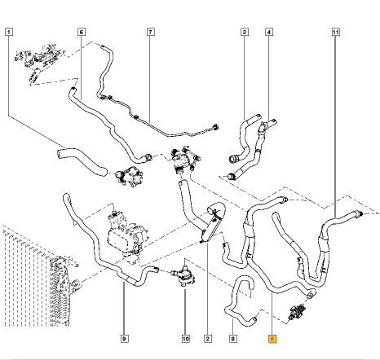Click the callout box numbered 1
(9, 33)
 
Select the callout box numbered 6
(82, 33)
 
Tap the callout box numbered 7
(151, 33)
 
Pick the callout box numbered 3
(245, 33)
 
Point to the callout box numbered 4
(269, 33)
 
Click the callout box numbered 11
(336, 33)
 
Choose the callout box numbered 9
(124, 339)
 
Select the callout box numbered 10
(186, 339)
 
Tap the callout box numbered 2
(208, 339)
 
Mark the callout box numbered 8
(233, 339)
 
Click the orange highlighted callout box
(272, 339)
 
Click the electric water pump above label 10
(183, 274)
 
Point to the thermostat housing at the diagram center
(183, 160)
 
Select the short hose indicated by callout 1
(82, 161)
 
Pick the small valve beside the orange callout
(297, 313)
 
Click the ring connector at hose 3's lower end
(233, 159)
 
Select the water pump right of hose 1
(129, 177)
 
